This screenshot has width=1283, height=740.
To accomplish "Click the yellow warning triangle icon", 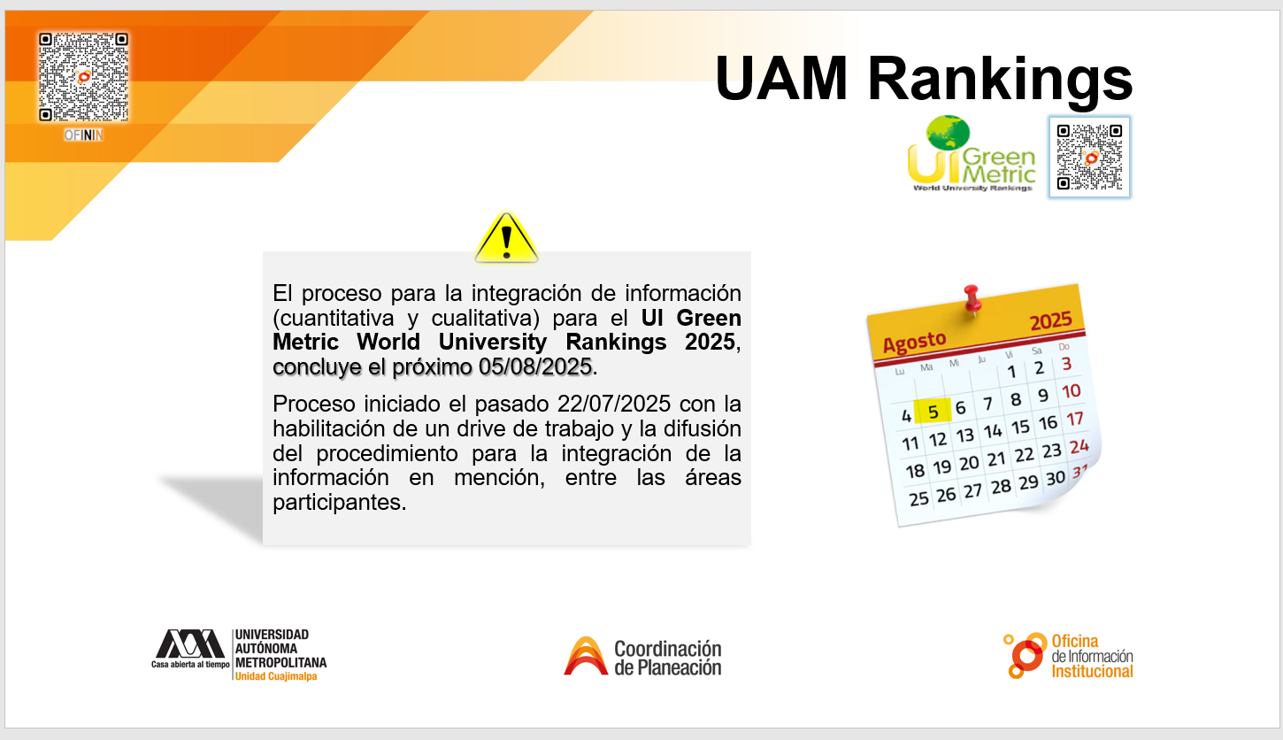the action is click(x=506, y=238).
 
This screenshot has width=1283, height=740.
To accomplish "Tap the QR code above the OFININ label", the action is click(x=84, y=77).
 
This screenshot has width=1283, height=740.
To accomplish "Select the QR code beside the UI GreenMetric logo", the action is click(x=1089, y=157).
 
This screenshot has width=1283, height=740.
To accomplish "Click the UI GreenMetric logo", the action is click(x=972, y=154).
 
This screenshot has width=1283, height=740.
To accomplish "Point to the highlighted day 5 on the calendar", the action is click(x=933, y=411).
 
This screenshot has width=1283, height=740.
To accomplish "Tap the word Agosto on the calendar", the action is click(x=914, y=343).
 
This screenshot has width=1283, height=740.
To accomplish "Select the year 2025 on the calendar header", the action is click(x=1050, y=320).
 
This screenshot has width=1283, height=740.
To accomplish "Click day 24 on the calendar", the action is click(x=1079, y=445).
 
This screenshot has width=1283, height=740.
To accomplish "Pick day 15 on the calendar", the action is click(x=1020, y=427).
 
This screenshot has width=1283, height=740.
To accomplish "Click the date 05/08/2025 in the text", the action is click(x=535, y=366).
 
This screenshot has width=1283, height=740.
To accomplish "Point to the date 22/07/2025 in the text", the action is click(x=613, y=405).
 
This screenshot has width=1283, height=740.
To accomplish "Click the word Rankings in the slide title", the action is click(x=1000, y=79).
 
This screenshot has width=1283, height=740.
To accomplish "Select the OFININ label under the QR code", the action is click(x=84, y=135).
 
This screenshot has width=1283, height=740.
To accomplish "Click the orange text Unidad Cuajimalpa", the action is click(x=276, y=676).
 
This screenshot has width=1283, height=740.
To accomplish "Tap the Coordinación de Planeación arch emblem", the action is click(x=586, y=656).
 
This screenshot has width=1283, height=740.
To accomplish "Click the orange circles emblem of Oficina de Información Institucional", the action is click(x=1026, y=655).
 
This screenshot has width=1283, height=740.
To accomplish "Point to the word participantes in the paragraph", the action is click(x=340, y=503).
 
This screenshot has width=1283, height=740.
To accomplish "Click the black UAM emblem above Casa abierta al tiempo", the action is click(x=190, y=644).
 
